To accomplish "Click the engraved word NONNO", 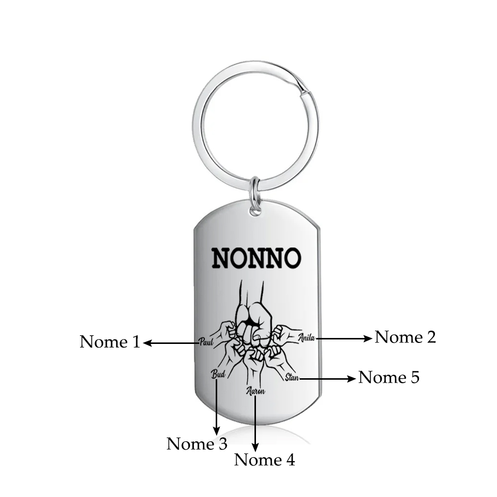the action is (x=256, y=257).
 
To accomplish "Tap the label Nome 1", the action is (x=110, y=342).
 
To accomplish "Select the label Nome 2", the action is (x=406, y=337).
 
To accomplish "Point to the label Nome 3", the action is (x=197, y=444).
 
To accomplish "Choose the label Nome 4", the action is (x=264, y=460).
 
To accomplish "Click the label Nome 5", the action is (x=389, y=378).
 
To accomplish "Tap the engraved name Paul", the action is (x=206, y=342).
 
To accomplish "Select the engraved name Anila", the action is (x=307, y=337).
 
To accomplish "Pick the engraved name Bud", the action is (x=218, y=374).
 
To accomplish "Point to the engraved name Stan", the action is (x=292, y=377).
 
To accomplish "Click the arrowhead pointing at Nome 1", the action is (x=148, y=342).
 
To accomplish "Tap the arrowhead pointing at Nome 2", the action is (x=368, y=338).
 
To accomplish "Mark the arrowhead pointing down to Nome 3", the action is (x=217, y=431).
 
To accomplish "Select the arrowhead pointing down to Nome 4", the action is (x=255, y=447).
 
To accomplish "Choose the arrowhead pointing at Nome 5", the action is (x=351, y=378).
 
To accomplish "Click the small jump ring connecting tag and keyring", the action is (x=255, y=195).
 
